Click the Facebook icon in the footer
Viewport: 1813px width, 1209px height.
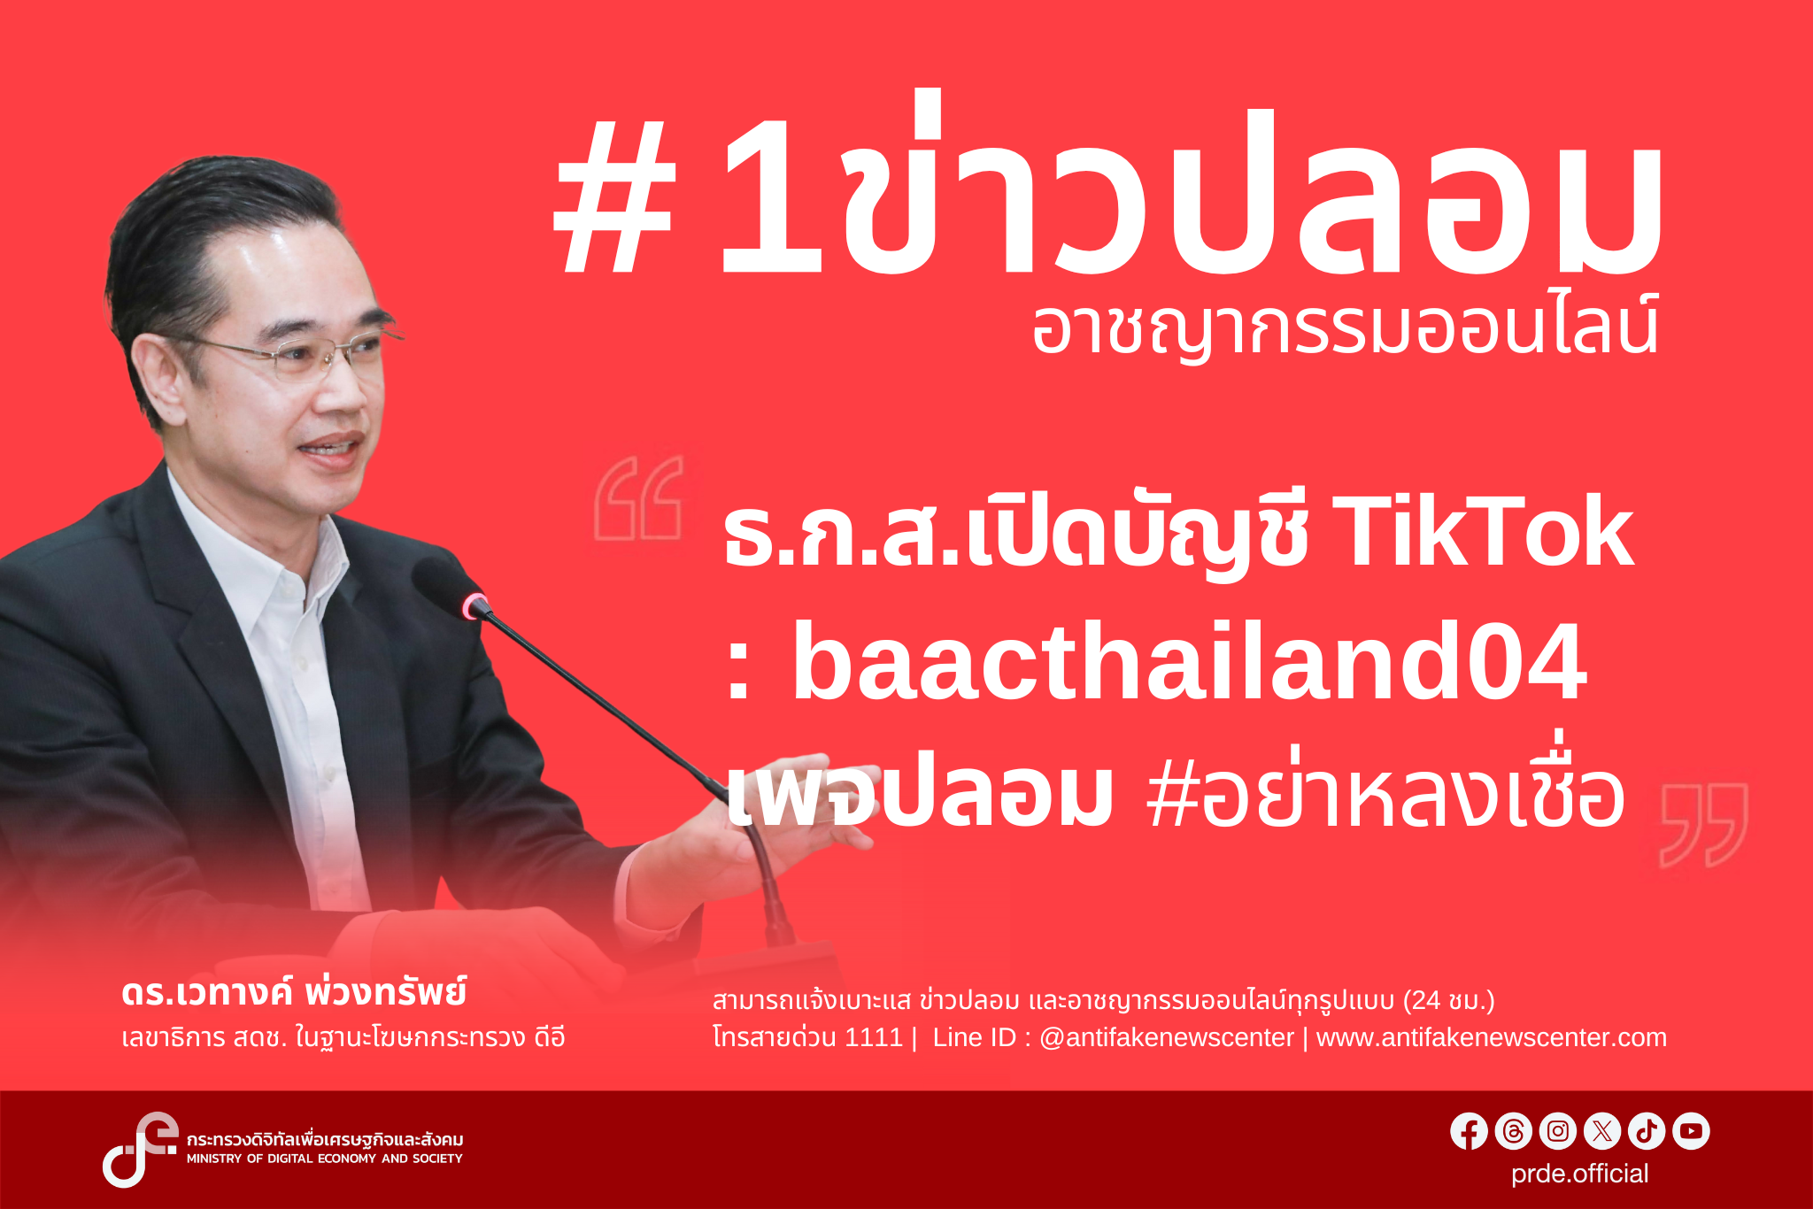pos(1469,1131)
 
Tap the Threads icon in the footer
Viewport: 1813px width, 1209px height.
pos(1513,1131)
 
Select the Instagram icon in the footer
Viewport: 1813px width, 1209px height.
pos(1558,1131)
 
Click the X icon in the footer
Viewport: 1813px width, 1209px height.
pos(1602,1131)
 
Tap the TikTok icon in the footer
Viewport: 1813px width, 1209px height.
pos(1647,1131)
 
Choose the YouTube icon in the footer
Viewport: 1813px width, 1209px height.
pos(1691,1131)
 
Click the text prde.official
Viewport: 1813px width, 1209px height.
pos(1579,1174)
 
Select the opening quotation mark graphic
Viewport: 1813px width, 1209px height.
pos(638,498)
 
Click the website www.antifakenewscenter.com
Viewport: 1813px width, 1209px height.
pos(1492,1037)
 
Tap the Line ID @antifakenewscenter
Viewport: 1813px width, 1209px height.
pos(1166,1037)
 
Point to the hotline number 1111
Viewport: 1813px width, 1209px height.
pos(874,1037)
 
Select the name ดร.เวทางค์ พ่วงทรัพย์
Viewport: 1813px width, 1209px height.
pos(294,993)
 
